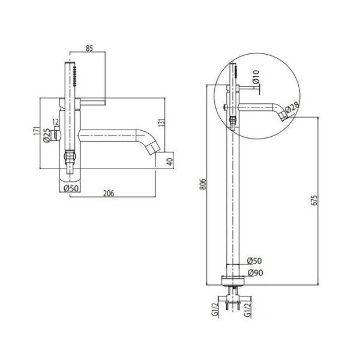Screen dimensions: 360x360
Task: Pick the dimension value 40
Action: click(170, 161)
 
